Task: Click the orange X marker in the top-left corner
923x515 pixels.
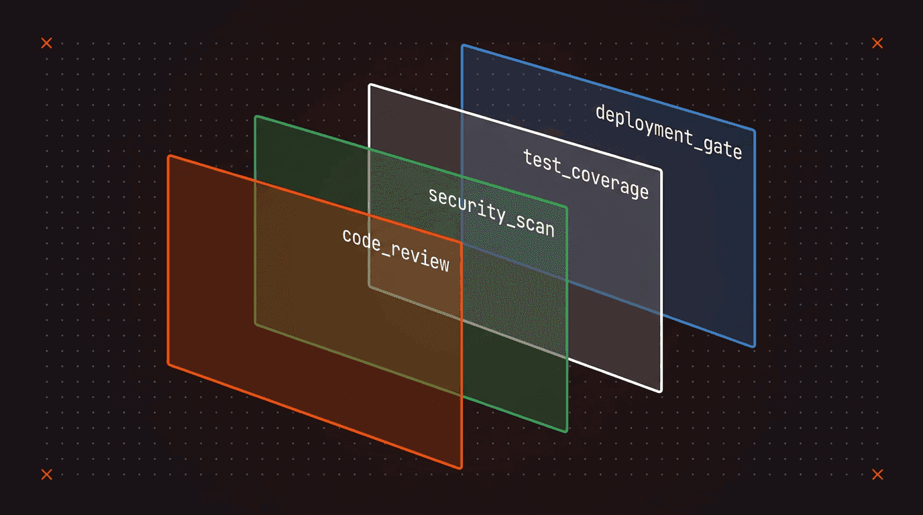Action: [46, 43]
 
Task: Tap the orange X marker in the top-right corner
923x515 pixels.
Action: [877, 43]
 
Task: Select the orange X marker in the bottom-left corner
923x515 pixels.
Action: [46, 474]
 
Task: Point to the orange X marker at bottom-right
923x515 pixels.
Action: [877, 474]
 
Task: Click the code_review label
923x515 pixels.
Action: [396, 250]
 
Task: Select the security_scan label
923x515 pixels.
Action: [492, 212]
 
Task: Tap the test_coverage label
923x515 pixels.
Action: [586, 174]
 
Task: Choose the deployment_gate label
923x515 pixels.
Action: [669, 131]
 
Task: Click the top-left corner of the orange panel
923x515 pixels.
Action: [169, 156]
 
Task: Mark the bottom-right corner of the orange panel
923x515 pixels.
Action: [461, 467]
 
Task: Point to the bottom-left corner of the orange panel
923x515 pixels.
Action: [169, 364]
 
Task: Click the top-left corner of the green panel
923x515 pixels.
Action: [256, 117]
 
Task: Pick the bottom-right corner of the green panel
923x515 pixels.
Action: [567, 431]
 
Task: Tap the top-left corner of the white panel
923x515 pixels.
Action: [370, 85]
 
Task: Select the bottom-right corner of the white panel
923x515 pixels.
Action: [661, 391]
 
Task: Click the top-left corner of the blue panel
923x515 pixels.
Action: [463, 46]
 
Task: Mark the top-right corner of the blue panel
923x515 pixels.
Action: [754, 131]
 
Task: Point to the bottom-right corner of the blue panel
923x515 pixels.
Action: [754, 345]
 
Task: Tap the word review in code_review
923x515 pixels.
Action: [421, 259]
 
